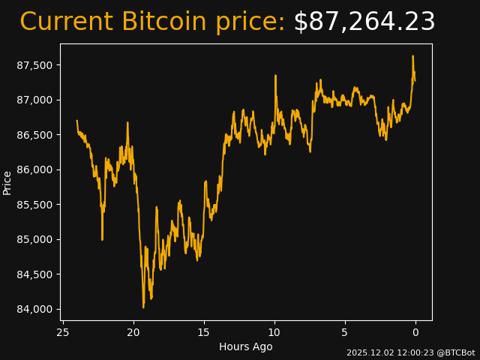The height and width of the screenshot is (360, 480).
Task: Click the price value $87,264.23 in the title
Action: pos(364,22)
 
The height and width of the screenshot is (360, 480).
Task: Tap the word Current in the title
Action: pos(66,22)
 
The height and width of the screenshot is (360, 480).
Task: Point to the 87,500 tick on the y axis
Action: pos(34,65)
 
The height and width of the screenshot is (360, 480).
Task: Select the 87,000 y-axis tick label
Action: pos(34,100)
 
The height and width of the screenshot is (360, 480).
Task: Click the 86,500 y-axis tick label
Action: pos(34,135)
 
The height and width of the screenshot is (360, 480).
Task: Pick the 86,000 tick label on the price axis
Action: pos(34,169)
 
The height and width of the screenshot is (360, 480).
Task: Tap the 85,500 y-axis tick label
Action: pos(34,205)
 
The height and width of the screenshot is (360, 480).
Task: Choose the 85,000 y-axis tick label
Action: pos(34,239)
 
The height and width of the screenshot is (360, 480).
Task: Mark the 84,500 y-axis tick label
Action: pos(34,274)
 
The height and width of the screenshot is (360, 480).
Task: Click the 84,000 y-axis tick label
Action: pos(34,309)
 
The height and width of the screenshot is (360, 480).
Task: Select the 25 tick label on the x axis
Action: pos(63,332)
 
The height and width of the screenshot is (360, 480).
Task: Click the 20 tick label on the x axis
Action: pos(133,332)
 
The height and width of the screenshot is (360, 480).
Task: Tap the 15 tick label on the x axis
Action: pos(204,332)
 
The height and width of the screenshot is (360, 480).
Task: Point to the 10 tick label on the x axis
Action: pos(274,332)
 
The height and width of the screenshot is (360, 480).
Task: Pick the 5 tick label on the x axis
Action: pos(345,332)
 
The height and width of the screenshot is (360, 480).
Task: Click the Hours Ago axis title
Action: pos(246,346)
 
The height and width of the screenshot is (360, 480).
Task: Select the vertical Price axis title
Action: pos(7,182)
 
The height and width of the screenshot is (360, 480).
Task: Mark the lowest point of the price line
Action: pos(143,307)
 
